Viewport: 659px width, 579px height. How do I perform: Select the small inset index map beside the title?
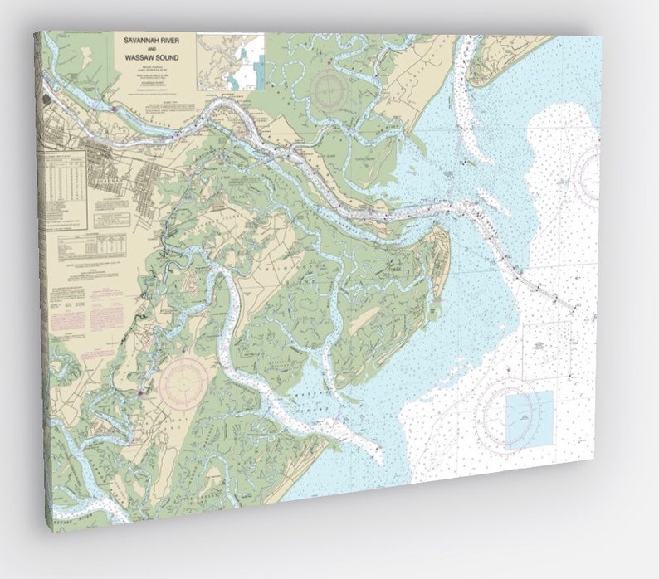pos(231,61)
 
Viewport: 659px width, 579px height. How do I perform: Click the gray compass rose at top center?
pos(327,86)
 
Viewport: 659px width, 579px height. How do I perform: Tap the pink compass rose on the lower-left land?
pos(183,382)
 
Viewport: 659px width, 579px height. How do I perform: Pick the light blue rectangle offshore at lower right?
pos(529,419)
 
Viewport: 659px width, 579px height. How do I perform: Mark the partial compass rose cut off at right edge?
pos(588,174)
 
